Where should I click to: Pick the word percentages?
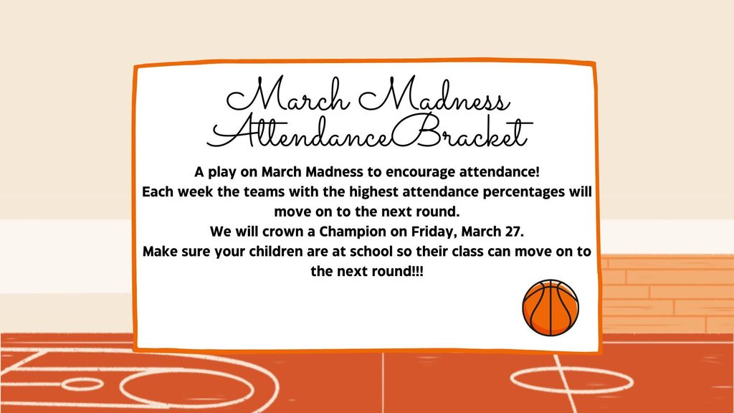coord(529,193)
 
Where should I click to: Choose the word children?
coord(269,253)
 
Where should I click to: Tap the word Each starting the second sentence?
coord(157,193)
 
